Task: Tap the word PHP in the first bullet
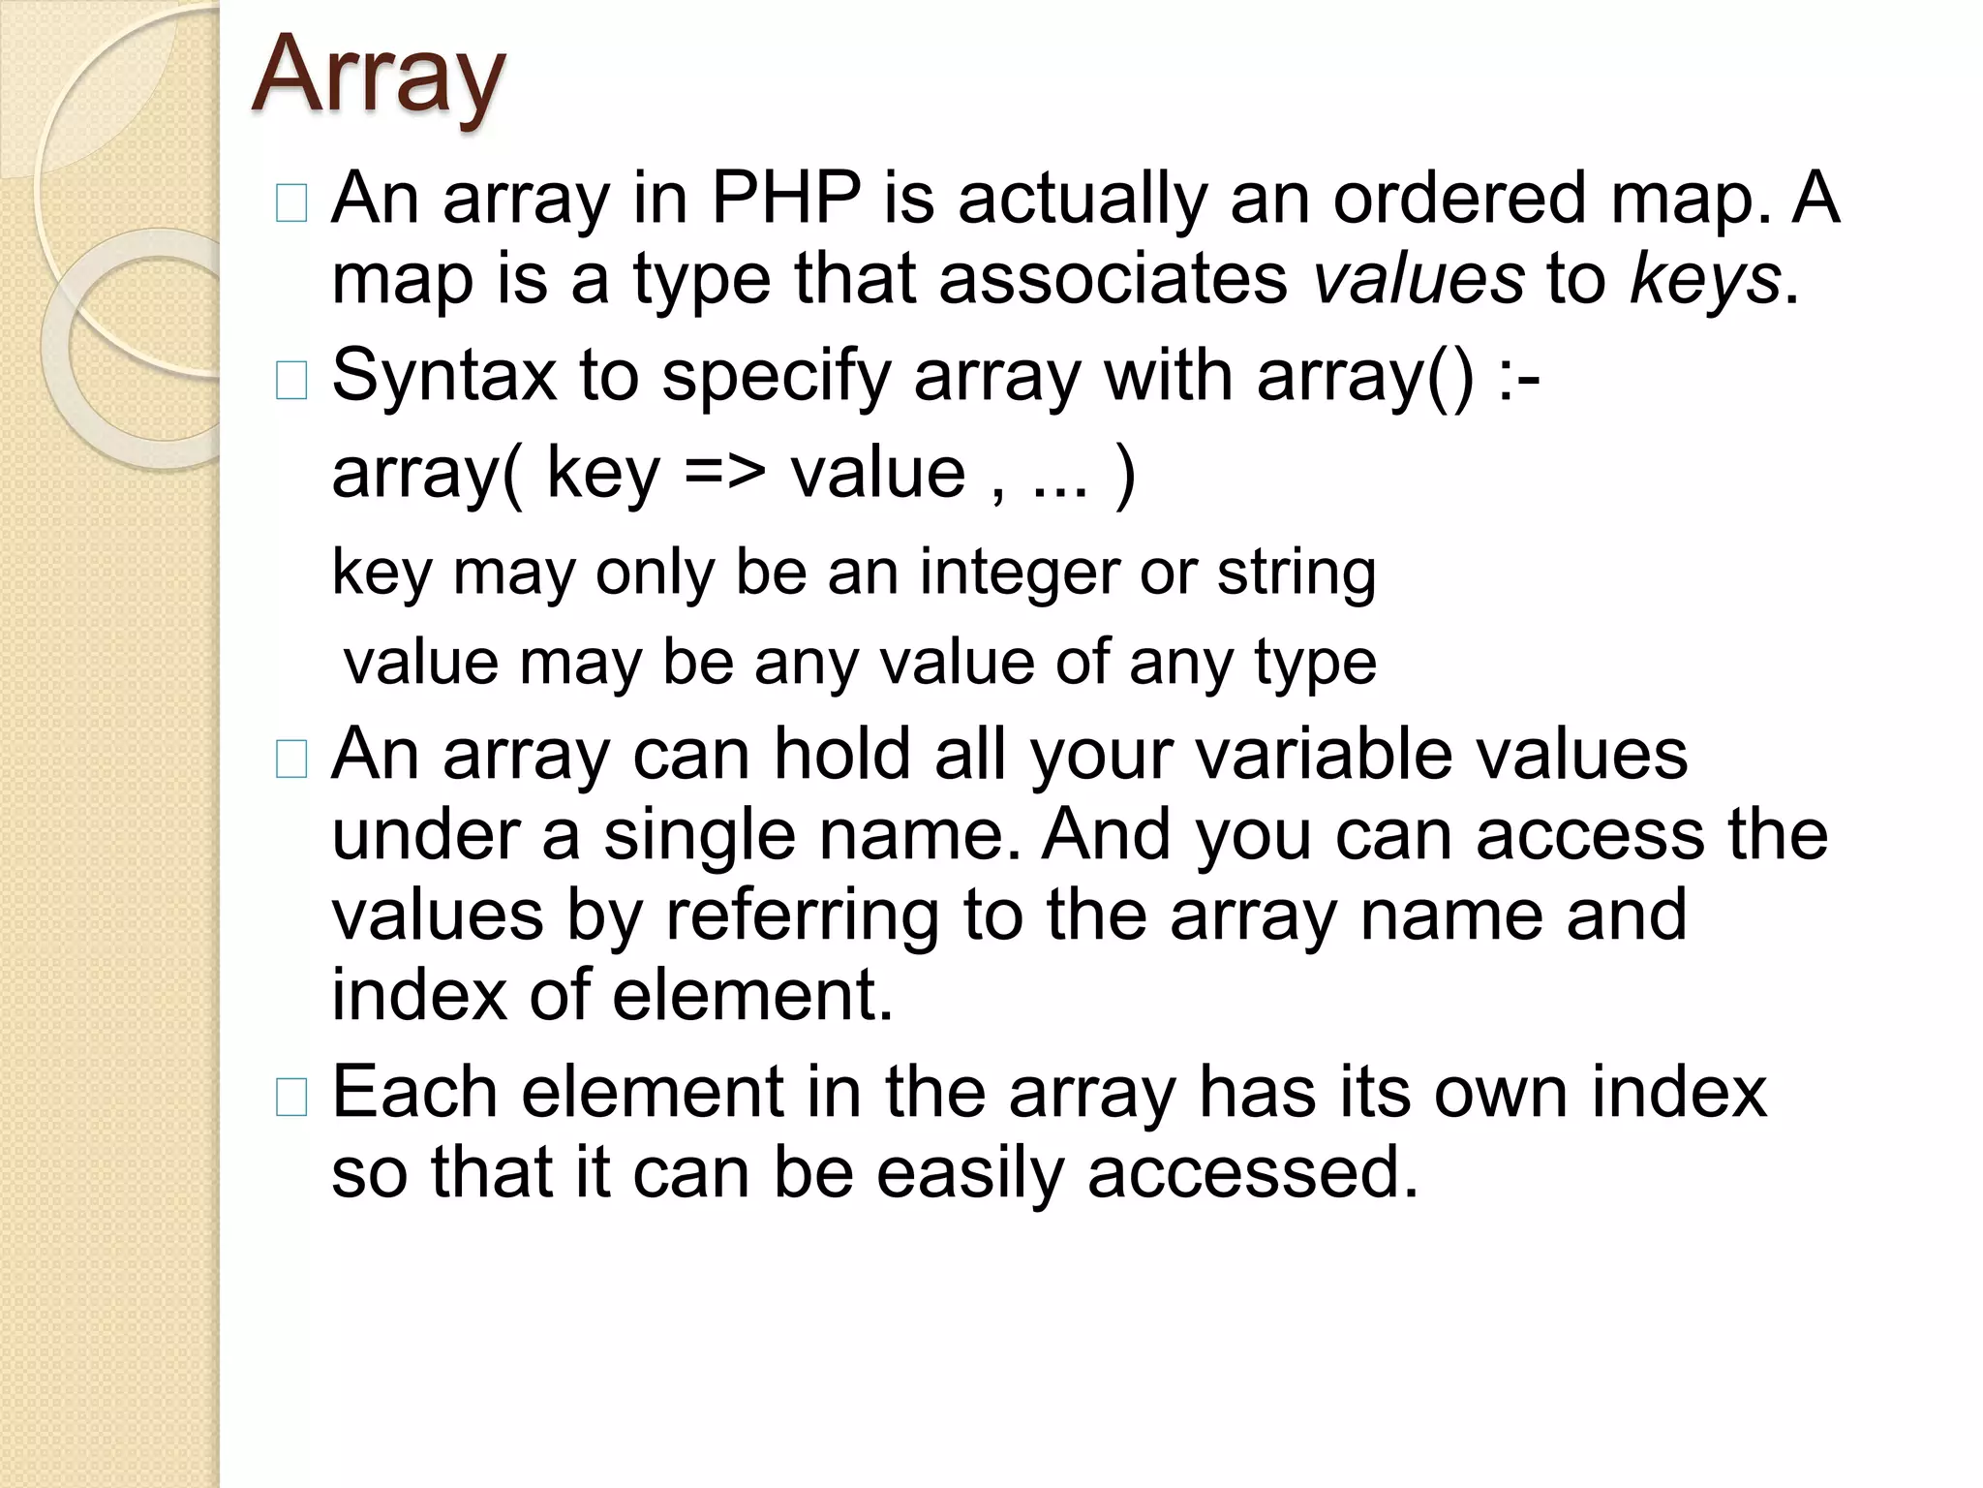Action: click(x=785, y=199)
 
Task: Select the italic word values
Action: click(x=1419, y=279)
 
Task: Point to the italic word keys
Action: click(x=1705, y=279)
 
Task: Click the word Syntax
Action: click(x=443, y=376)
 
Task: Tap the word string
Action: click(x=1297, y=573)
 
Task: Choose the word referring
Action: click(x=802, y=915)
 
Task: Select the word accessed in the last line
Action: click(x=1253, y=1173)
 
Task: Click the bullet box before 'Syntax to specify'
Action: click(x=291, y=381)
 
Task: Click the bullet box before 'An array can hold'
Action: click(x=291, y=759)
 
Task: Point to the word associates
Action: click(x=1114, y=279)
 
